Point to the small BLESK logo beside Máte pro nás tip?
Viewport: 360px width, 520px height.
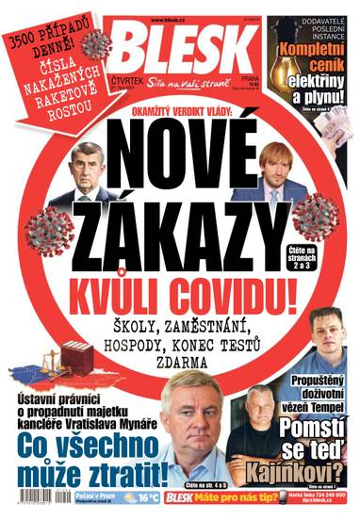click(x=185, y=496)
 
